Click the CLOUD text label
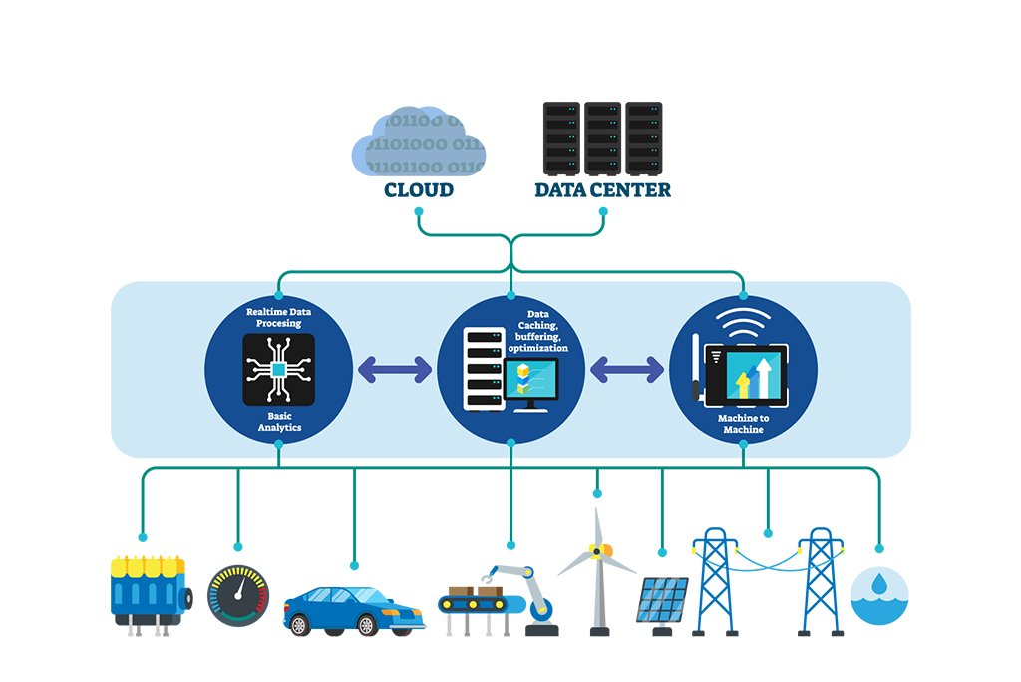(x=419, y=189)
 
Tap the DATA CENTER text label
(x=602, y=189)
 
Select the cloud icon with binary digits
(x=418, y=144)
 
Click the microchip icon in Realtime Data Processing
(x=279, y=369)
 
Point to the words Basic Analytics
(x=279, y=421)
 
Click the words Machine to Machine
(x=744, y=423)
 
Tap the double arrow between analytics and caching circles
(x=395, y=370)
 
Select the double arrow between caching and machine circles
(x=627, y=370)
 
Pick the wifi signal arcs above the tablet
(x=743, y=325)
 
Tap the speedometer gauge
(x=237, y=596)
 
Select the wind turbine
(x=598, y=568)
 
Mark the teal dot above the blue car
(x=354, y=560)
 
